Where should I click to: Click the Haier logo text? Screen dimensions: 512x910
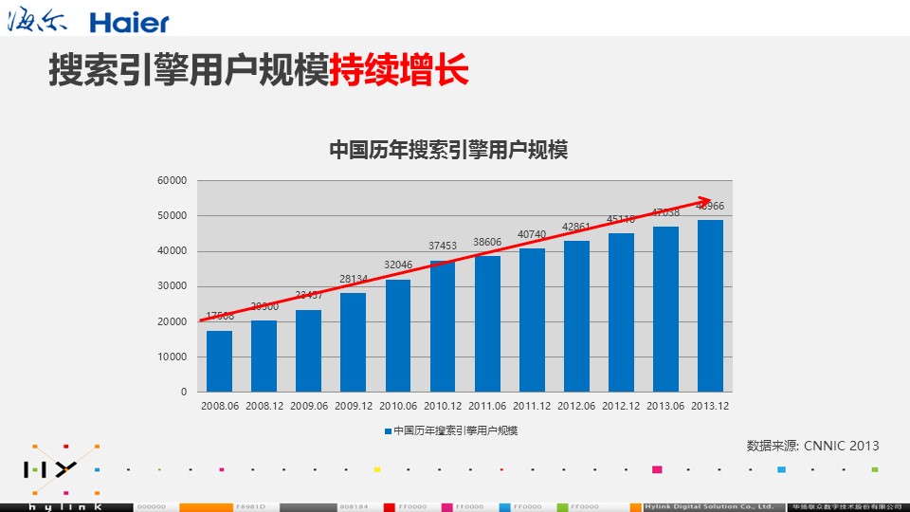tap(130, 23)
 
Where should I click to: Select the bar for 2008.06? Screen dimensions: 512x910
tap(219, 361)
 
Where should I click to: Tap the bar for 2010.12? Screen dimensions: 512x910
tap(443, 326)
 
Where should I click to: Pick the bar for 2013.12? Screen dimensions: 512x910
tap(710, 306)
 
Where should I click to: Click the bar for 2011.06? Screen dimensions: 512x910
tap(487, 324)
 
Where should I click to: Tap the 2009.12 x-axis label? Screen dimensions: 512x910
tap(353, 406)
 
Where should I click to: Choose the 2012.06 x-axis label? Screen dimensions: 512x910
tap(576, 406)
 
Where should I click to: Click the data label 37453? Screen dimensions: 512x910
tap(442, 246)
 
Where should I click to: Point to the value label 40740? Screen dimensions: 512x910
tap(532, 234)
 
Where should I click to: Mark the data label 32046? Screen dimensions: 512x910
tap(397, 265)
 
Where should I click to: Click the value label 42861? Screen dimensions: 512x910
tap(576, 227)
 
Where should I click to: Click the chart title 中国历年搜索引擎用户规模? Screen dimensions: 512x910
tap(447, 150)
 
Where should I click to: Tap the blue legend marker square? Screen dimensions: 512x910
tap(388, 430)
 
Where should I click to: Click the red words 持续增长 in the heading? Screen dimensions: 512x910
tap(399, 72)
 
